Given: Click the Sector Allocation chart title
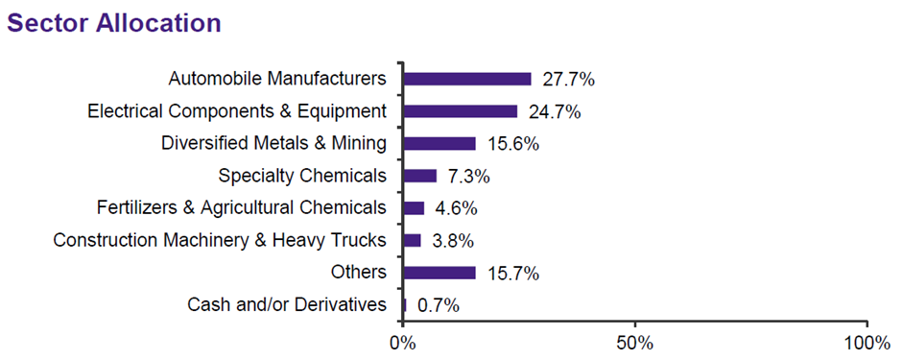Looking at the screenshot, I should [x=114, y=23].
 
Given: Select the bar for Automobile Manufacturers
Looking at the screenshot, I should [x=467, y=79].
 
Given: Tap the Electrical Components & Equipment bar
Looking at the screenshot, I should [x=461, y=111].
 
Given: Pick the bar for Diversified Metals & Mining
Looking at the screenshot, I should [x=439, y=144].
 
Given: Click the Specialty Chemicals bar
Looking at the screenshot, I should [x=420, y=176].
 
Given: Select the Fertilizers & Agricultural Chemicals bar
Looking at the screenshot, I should [x=414, y=208].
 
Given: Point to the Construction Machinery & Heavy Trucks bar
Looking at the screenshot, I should [x=412, y=240].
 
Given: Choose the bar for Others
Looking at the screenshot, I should [x=439, y=273].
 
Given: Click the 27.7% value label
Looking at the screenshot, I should [x=568, y=79].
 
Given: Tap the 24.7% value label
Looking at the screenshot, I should [x=555, y=111].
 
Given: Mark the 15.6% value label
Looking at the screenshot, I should [x=512, y=144].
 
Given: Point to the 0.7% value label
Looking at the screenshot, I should [x=439, y=305].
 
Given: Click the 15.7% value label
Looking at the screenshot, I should [x=512, y=274].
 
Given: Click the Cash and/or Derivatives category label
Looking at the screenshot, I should [x=286, y=305].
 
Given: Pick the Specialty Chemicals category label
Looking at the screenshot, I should [x=302, y=177].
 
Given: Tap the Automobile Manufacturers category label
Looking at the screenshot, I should [x=277, y=79].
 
